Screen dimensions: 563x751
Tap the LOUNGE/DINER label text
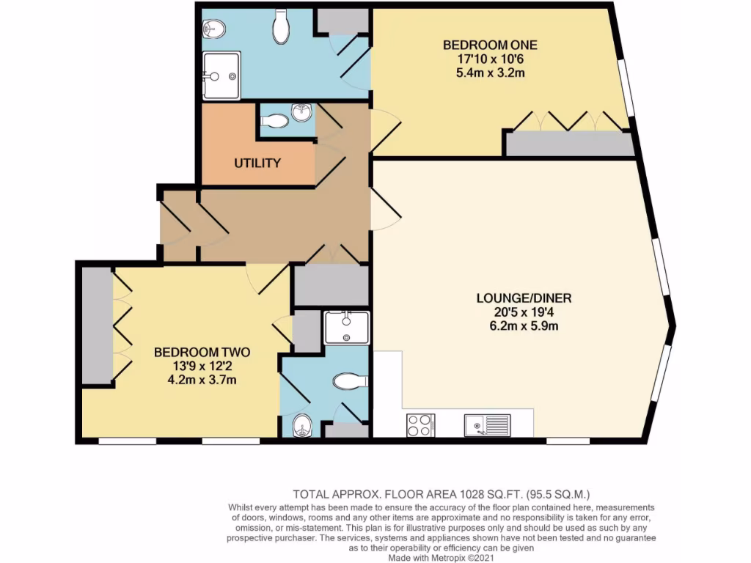point(523,298)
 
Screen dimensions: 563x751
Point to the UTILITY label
point(257,163)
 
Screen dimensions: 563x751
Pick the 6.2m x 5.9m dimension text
point(523,325)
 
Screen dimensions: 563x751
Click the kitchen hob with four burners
point(420,425)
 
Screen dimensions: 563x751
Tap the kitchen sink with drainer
point(486,425)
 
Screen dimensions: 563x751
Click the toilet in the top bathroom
point(281,26)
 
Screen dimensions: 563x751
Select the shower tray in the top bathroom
point(221,75)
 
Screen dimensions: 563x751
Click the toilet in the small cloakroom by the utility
point(276,121)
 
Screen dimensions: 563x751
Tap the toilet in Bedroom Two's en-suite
point(351,381)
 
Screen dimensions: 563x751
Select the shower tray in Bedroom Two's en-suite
point(346,327)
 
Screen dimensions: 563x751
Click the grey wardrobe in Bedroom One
point(571,144)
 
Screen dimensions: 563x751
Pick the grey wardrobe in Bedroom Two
point(96,326)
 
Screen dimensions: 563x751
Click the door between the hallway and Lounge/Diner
point(384,209)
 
